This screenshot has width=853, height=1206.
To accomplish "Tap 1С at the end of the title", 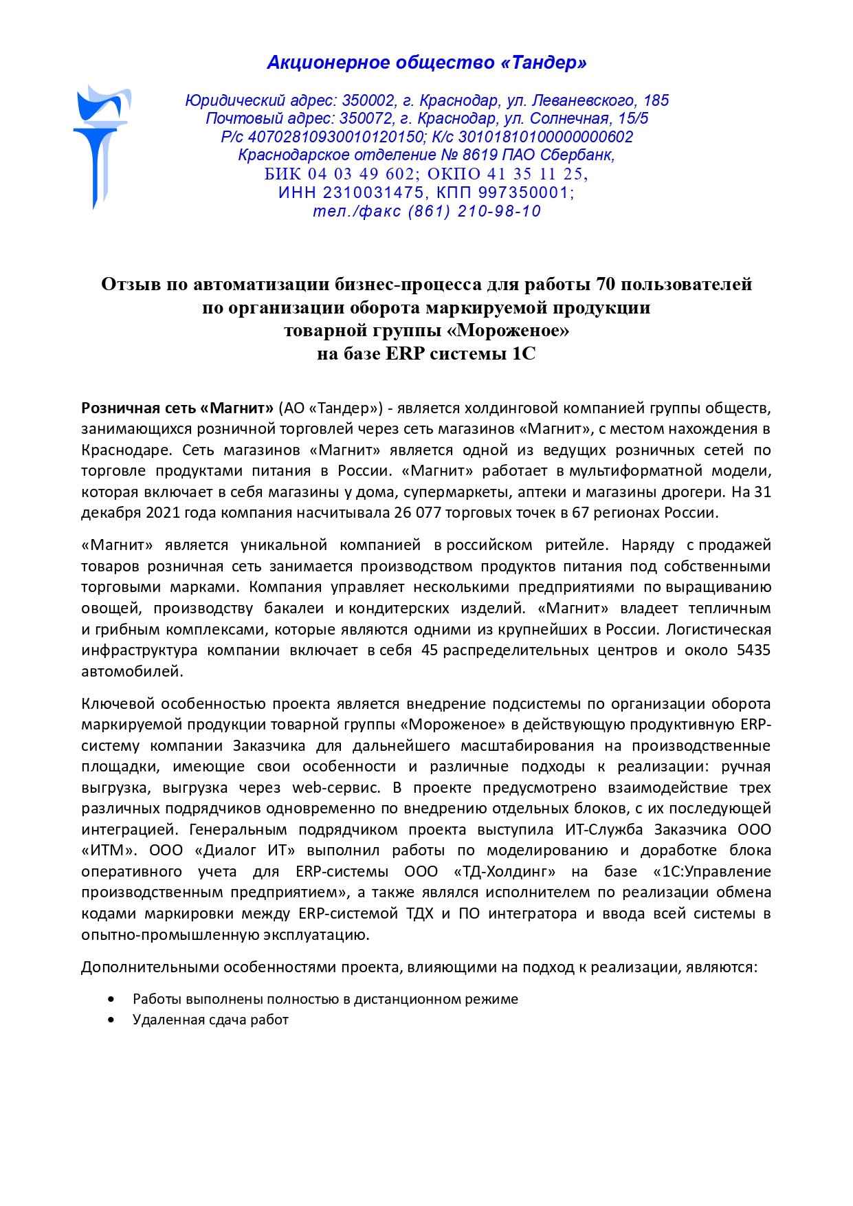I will click(523, 354).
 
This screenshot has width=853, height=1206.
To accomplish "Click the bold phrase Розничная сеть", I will click(138, 408).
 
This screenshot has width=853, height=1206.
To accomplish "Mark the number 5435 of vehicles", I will click(753, 650).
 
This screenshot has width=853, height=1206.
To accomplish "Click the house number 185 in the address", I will click(656, 101).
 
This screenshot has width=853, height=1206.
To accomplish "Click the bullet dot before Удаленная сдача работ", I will click(111, 1020).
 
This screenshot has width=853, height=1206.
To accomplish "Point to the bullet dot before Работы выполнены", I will click(111, 999).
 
